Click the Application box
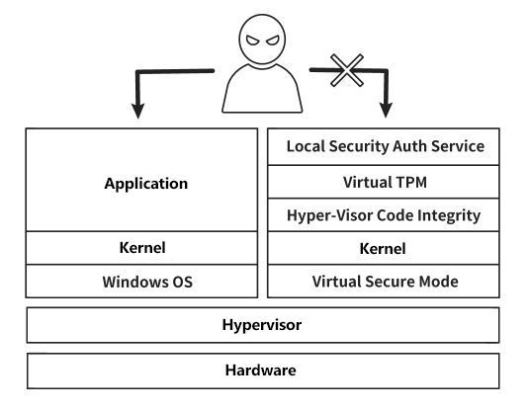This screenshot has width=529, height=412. tap(141, 180)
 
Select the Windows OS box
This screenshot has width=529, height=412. tap(141, 282)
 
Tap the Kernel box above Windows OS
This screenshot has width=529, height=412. tap(141, 248)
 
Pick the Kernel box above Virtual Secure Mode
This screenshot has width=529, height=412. tap(384, 248)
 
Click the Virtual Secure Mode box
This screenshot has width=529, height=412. tap(384, 282)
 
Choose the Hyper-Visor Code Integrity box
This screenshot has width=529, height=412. tap(384, 215)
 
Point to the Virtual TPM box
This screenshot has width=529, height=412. tap(384, 182)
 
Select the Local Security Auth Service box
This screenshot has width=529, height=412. tap(384, 146)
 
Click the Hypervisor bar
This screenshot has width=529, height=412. tap(263, 325)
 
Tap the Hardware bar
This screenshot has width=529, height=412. tap(263, 371)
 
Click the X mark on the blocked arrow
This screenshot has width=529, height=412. tap(347, 70)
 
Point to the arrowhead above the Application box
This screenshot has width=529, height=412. tap(138, 112)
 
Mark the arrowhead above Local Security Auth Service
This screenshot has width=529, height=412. tap(386, 111)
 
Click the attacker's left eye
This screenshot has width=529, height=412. tap(253, 41)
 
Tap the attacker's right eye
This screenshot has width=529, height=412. tap(273, 41)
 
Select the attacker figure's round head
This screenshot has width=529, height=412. tap(262, 40)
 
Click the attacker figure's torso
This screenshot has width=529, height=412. tap(262, 88)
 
